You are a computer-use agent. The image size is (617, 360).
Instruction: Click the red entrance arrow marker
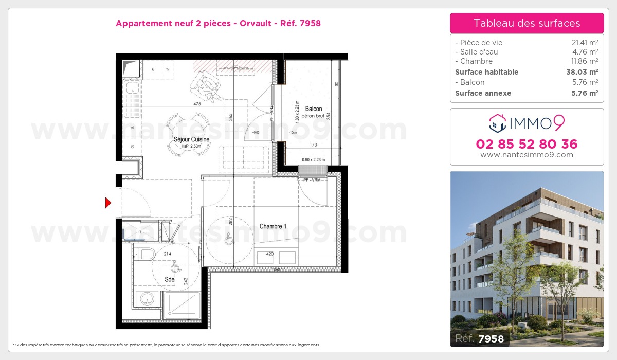[108, 203]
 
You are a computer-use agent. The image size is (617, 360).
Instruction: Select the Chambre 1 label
[273, 226]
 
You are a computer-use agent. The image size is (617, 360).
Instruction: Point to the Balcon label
[314, 109]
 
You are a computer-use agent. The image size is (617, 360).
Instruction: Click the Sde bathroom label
[169, 280]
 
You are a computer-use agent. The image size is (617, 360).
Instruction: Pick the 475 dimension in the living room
[197, 104]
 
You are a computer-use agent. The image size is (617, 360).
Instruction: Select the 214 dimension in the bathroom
[168, 254]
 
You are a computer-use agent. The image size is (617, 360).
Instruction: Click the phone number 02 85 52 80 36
[527, 144]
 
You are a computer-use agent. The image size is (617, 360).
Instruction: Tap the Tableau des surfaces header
[527, 23]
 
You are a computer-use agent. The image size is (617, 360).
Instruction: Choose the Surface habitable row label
[486, 72]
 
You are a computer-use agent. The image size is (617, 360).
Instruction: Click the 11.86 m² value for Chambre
[585, 61]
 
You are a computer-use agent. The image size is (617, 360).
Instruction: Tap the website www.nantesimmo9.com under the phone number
[527, 155]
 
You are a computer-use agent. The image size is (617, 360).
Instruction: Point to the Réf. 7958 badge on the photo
[480, 338]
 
